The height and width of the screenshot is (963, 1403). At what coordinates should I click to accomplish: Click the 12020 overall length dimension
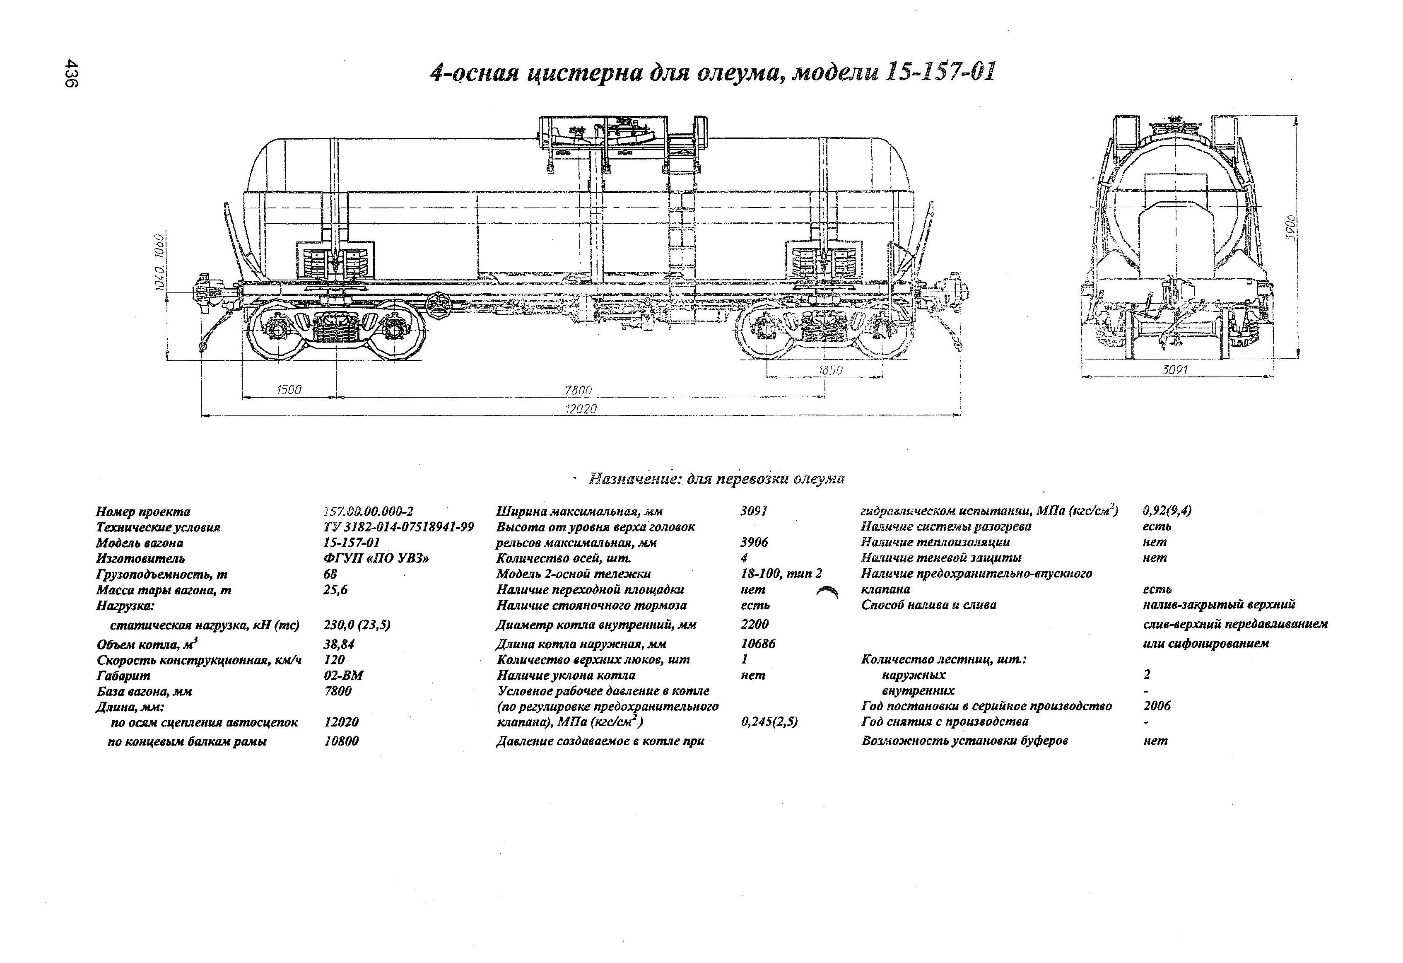pyautogui.click(x=580, y=409)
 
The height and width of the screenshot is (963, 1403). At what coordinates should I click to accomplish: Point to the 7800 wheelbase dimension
pyautogui.click(x=579, y=390)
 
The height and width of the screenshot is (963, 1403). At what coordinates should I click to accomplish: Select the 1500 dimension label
pyautogui.click(x=289, y=390)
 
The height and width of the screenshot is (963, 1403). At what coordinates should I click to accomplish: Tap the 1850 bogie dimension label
pyautogui.click(x=831, y=370)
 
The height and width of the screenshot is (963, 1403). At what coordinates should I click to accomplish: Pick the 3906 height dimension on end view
pyautogui.click(x=1290, y=228)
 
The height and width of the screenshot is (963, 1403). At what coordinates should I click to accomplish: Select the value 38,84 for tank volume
pyautogui.click(x=339, y=644)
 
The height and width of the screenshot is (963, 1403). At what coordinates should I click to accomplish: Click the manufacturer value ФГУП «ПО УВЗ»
pyautogui.click(x=376, y=558)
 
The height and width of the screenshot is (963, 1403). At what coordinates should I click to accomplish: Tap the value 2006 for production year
pyautogui.click(x=1157, y=706)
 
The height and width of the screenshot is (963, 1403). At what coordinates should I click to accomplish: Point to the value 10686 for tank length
pyautogui.click(x=758, y=644)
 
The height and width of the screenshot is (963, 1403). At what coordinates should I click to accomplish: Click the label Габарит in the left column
pyautogui.click(x=123, y=676)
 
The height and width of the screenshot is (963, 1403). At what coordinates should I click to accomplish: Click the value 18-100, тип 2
pyautogui.click(x=781, y=574)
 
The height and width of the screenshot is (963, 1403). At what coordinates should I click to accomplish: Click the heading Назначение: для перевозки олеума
pyautogui.click(x=716, y=479)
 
